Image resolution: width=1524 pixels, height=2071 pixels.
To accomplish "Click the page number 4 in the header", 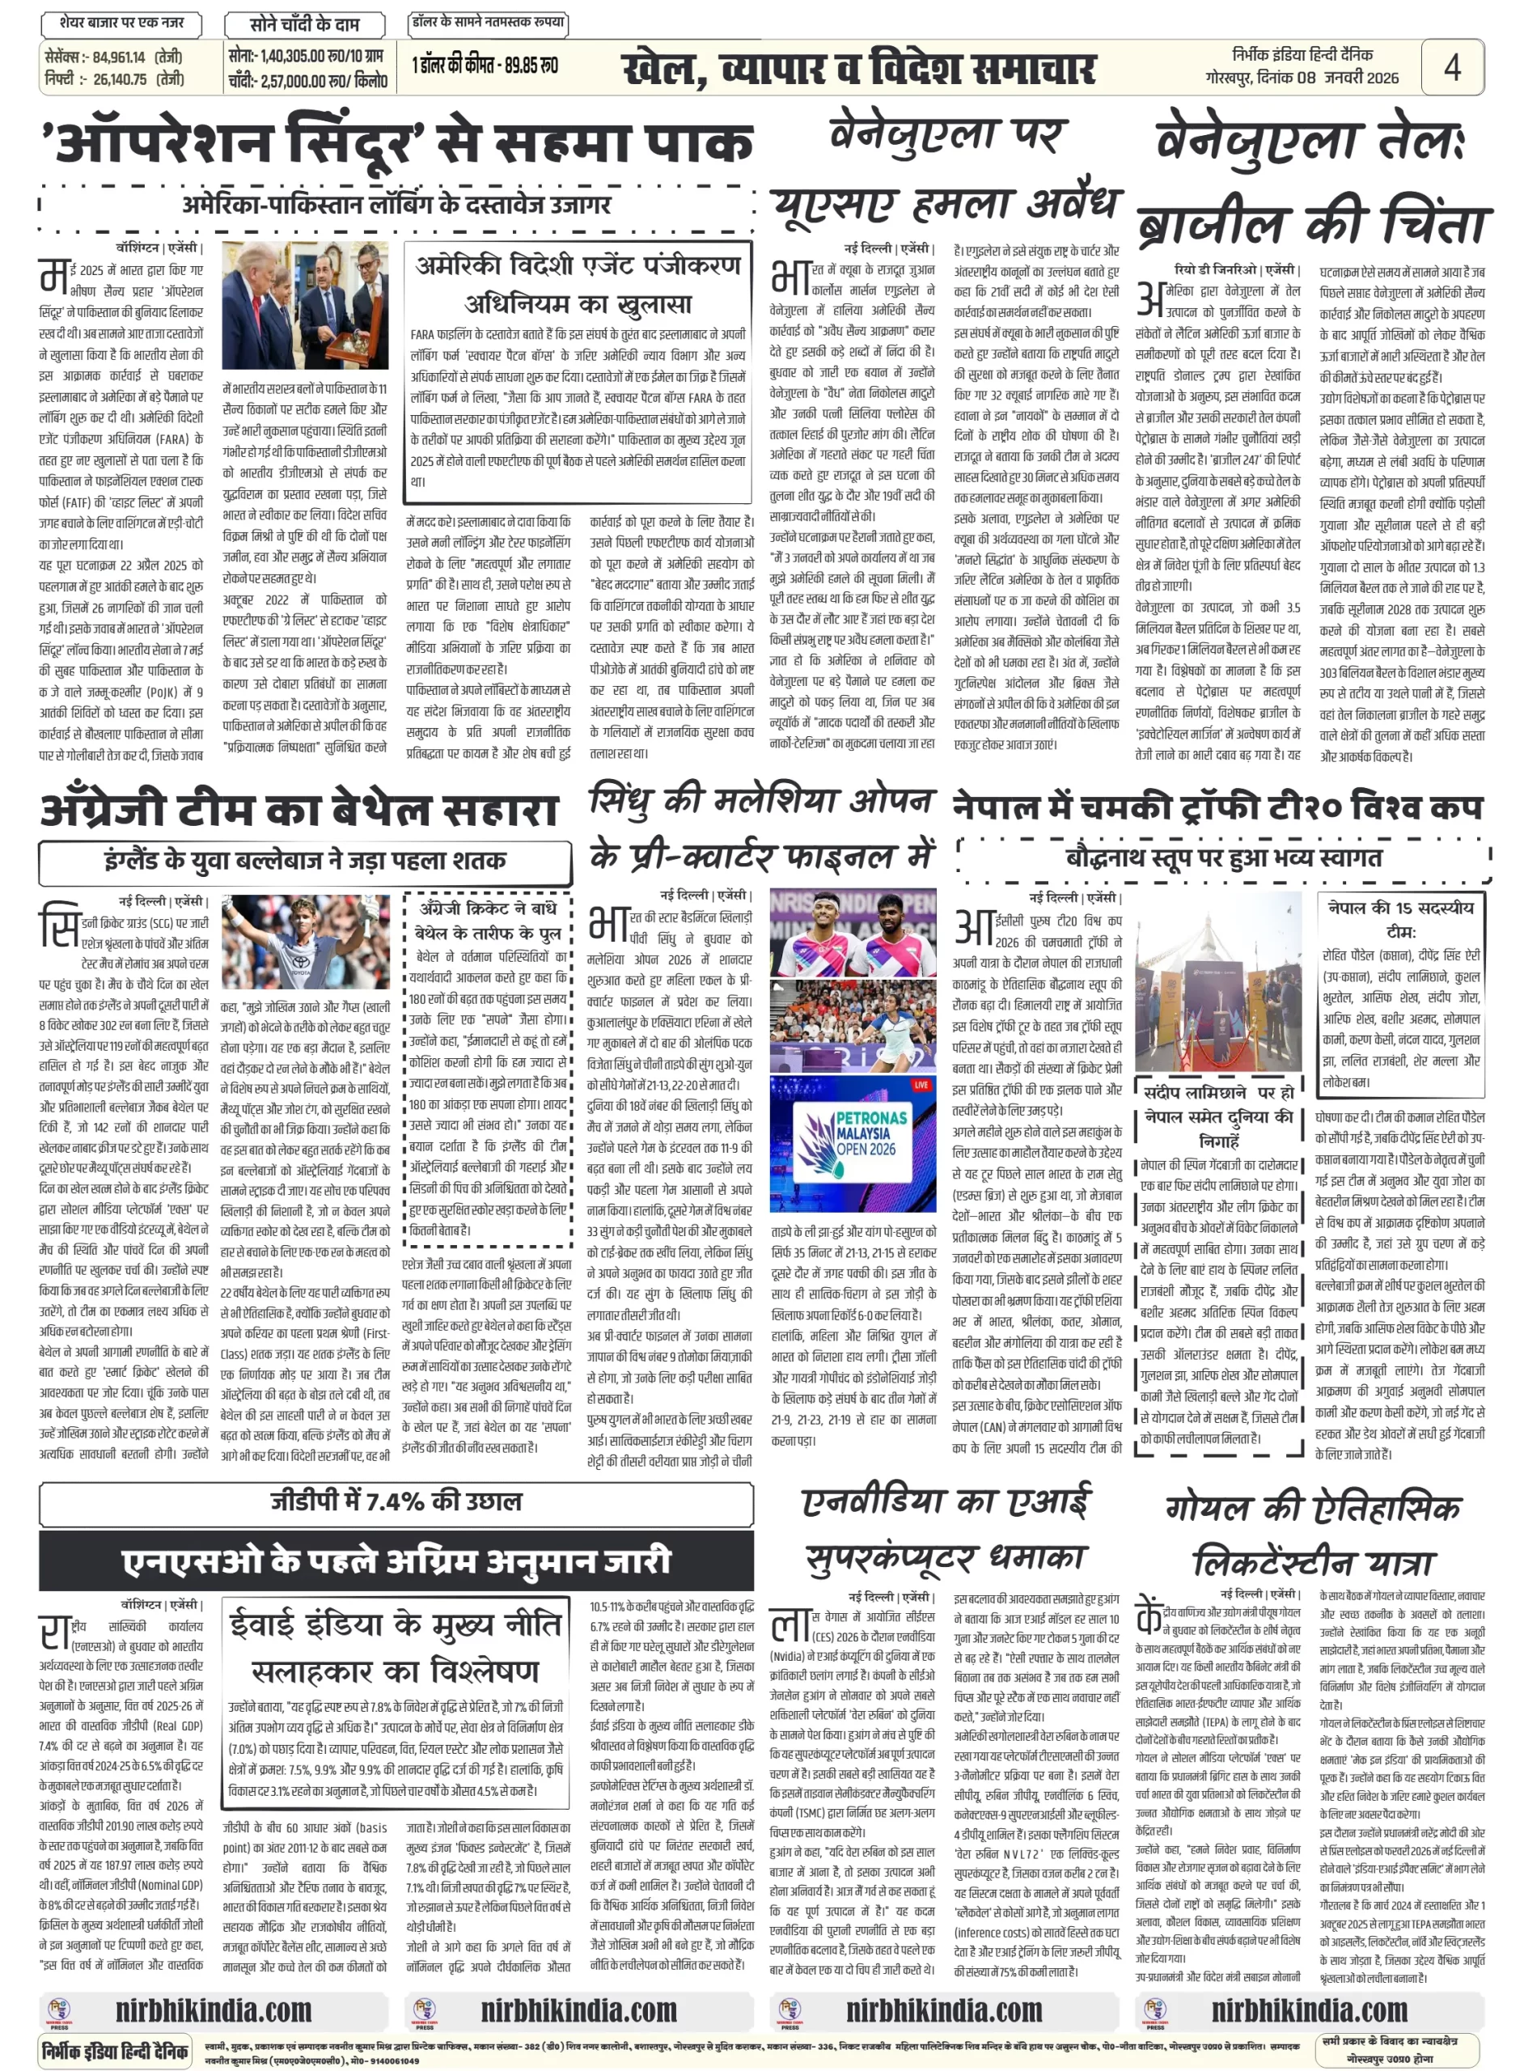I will tap(1451, 66).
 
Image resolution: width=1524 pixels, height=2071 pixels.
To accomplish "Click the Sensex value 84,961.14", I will tap(119, 57).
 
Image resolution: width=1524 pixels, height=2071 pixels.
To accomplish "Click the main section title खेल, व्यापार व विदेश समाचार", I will tap(858, 70).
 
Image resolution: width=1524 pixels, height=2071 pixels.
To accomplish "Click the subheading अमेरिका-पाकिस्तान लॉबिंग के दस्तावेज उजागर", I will tap(396, 204).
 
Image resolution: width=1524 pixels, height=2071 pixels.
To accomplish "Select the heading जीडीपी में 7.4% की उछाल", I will tap(396, 1501).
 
